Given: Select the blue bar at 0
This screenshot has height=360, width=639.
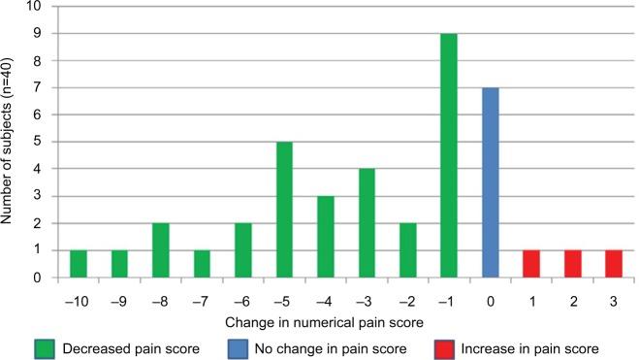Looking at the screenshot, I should tap(492, 182).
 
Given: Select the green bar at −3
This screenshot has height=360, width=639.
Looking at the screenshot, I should tap(366, 223).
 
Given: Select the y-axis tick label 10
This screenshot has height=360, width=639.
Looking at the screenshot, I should tap(35, 6).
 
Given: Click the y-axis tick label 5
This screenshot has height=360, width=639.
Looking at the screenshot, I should tap(38, 142).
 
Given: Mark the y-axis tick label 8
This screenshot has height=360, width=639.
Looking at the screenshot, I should tap(38, 60).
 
